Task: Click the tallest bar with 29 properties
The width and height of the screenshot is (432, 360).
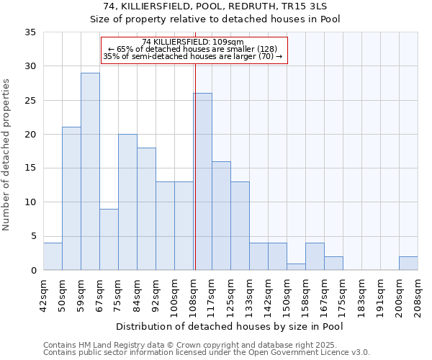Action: pos(90,171)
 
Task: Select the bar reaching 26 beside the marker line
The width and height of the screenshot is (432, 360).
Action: pos(202,181)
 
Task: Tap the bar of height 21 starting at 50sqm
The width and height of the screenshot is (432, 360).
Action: pos(71,199)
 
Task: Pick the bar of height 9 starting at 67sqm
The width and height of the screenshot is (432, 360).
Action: pos(109,239)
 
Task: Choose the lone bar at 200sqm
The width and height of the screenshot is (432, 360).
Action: pos(408,263)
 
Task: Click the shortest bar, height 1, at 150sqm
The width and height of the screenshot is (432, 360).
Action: pos(296,266)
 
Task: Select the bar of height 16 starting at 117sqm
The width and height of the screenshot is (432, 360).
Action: pos(221,215)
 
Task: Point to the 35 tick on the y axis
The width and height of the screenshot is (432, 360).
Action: pos(30,32)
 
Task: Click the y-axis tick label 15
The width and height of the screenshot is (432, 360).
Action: pos(30,168)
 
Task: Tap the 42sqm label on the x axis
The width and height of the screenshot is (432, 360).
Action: pos(43,295)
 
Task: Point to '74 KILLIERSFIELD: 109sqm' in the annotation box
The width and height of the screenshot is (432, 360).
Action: pos(193,42)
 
